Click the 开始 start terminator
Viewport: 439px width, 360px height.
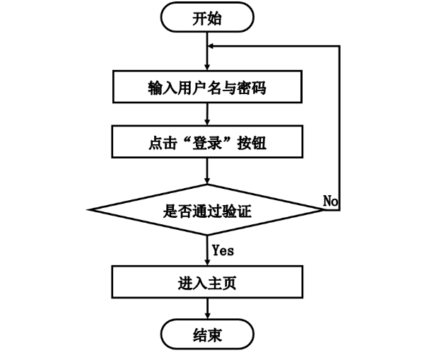coord(206,19)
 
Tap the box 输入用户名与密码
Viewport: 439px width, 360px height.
coord(206,88)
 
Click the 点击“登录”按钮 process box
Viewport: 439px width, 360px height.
coord(206,144)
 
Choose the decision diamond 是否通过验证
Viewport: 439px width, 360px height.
coord(206,209)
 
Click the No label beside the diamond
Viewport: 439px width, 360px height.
coord(330,202)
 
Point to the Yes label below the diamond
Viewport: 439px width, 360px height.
coord(223,250)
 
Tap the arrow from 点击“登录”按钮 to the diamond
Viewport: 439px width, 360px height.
coord(206,171)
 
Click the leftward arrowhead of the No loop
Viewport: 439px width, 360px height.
coord(212,46)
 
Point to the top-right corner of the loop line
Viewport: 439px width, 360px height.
coord(340,46)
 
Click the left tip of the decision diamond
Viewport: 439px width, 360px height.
coord(89,209)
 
